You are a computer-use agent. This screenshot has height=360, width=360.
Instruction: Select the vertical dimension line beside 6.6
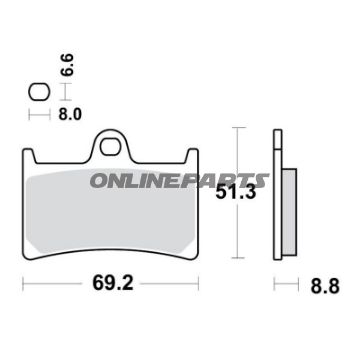click(x=64, y=93)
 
